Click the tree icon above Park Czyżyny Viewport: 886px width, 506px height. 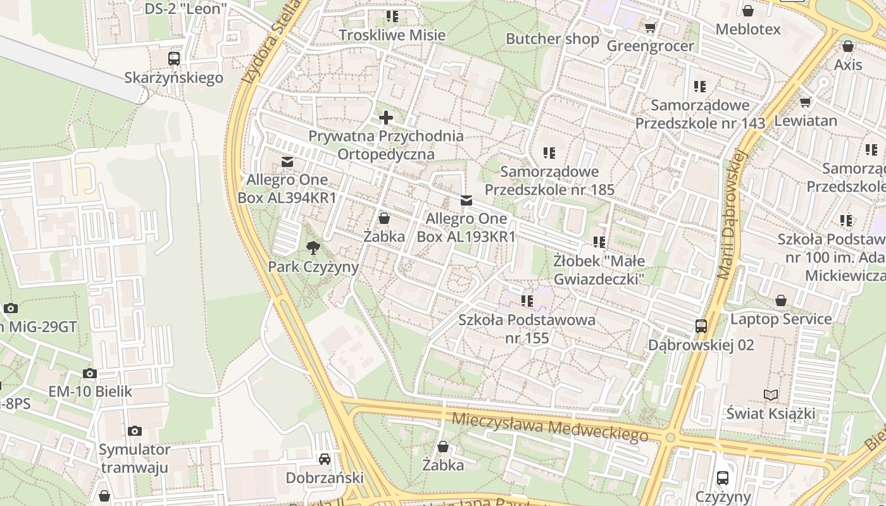click(x=313, y=247)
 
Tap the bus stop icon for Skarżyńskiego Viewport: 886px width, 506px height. click(x=174, y=59)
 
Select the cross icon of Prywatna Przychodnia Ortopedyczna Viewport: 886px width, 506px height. click(x=386, y=118)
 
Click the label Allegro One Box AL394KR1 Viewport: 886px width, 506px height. click(x=287, y=188)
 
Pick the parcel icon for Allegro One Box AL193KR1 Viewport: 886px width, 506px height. click(x=466, y=201)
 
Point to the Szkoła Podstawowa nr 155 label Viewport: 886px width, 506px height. click(x=527, y=328)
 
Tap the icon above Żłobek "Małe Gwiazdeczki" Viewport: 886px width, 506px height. click(x=599, y=242)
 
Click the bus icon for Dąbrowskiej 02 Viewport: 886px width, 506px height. click(x=701, y=326)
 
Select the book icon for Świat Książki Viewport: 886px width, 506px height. click(x=770, y=395)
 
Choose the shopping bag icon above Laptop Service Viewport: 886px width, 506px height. click(x=781, y=300)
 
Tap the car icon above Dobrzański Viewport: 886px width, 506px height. click(x=325, y=459)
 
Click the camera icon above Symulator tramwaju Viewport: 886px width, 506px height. click(x=135, y=431)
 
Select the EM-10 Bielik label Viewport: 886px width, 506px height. click(x=90, y=392)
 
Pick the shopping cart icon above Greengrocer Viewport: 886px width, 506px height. click(x=650, y=27)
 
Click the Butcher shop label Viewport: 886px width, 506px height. click(x=552, y=39)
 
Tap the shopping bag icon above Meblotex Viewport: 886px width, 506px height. click(x=748, y=11)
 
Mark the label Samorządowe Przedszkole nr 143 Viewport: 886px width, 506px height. click(x=700, y=114)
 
